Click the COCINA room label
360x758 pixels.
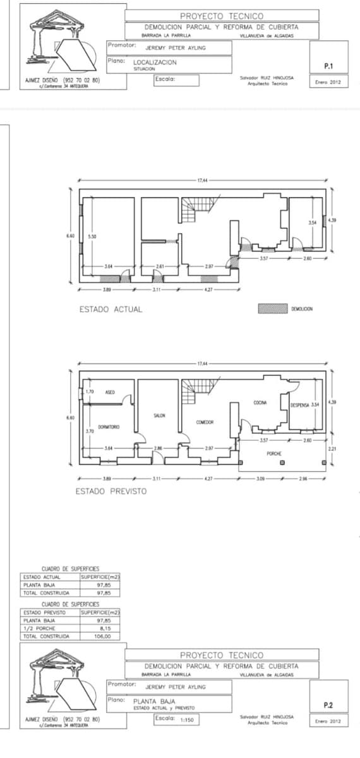tap(260, 402)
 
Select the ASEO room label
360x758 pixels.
tap(109, 392)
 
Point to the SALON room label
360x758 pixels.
tap(159, 415)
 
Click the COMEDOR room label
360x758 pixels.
tap(205, 422)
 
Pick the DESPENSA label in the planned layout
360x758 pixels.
tap(301, 404)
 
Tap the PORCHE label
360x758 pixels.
tap(275, 454)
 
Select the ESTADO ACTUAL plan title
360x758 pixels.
tap(111, 310)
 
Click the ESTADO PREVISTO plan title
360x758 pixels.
tap(111, 491)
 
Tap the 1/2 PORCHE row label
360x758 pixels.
tap(39, 629)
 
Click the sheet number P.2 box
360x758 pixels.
tap(328, 704)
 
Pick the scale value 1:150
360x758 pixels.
tap(186, 719)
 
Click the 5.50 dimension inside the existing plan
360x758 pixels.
tap(92, 236)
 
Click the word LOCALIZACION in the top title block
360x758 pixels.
tap(155, 63)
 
